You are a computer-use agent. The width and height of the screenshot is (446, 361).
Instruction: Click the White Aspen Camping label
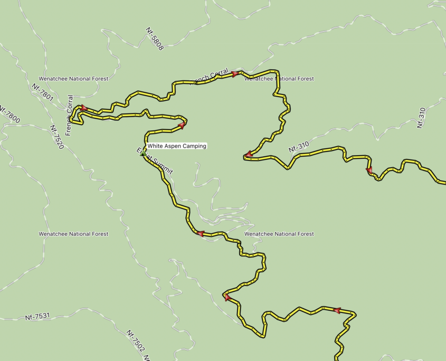177,146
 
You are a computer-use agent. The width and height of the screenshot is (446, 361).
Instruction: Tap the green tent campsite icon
142,153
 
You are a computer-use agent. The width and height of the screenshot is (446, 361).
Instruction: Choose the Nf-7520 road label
56,137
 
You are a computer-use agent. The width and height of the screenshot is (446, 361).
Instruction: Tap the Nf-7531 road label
37,317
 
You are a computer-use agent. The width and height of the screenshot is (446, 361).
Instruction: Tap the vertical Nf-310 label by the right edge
421,118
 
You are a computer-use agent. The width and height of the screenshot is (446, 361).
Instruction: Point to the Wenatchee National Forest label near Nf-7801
73,79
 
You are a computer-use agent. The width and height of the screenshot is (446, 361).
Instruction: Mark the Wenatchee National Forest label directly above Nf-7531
73,234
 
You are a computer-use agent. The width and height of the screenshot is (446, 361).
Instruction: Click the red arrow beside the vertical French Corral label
83,108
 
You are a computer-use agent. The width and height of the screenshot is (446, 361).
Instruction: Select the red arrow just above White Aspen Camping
182,126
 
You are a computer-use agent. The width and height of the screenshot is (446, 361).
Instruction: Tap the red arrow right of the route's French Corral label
235,74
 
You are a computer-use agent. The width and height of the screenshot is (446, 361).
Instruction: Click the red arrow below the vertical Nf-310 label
369,170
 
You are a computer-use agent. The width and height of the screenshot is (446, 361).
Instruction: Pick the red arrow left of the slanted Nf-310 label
247,155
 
